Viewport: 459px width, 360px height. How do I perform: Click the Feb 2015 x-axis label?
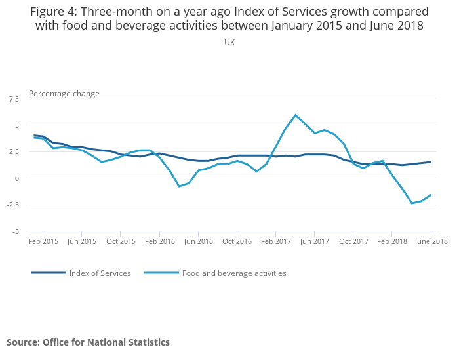pos(43,241)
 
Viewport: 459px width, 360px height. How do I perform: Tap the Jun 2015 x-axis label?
pos(82,241)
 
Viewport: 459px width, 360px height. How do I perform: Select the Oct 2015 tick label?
pos(121,241)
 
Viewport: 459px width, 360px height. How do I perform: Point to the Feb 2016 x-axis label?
pos(160,241)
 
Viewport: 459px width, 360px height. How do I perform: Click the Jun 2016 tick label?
pos(199,241)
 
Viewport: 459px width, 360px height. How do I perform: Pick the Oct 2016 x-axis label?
pos(237,241)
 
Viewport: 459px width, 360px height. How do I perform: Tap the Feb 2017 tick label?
pos(276,241)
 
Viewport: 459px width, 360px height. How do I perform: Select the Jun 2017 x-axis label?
pos(315,241)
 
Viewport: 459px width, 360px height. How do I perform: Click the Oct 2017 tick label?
pos(353,241)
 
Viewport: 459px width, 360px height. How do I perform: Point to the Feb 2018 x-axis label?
pos(392,241)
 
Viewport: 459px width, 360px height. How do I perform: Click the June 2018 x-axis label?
pos(431,241)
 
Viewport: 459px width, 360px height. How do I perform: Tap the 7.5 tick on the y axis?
pos(14,98)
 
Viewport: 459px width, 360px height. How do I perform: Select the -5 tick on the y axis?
pos(16,231)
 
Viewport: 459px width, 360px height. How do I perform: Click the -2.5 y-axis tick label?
pos(14,205)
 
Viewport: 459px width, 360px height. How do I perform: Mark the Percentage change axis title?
pos(64,94)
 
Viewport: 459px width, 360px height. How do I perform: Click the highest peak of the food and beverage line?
pos(296,115)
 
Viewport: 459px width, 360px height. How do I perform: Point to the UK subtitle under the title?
pos(229,43)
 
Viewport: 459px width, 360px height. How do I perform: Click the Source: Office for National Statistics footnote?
pos(88,342)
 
